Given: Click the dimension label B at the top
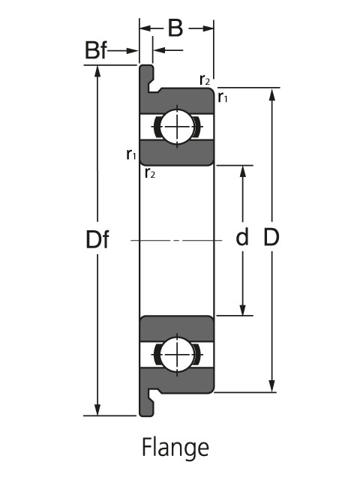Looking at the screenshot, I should (175, 28).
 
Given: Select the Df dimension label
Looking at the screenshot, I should (97, 240).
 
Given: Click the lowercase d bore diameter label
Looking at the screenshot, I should (242, 238).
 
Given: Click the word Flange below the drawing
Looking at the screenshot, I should (175, 448).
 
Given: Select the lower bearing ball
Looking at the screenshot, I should (177, 354).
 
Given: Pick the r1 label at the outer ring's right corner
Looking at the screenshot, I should (223, 96).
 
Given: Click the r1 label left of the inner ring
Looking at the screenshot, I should (131, 154).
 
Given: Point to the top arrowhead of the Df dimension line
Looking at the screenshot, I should (97, 72).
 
